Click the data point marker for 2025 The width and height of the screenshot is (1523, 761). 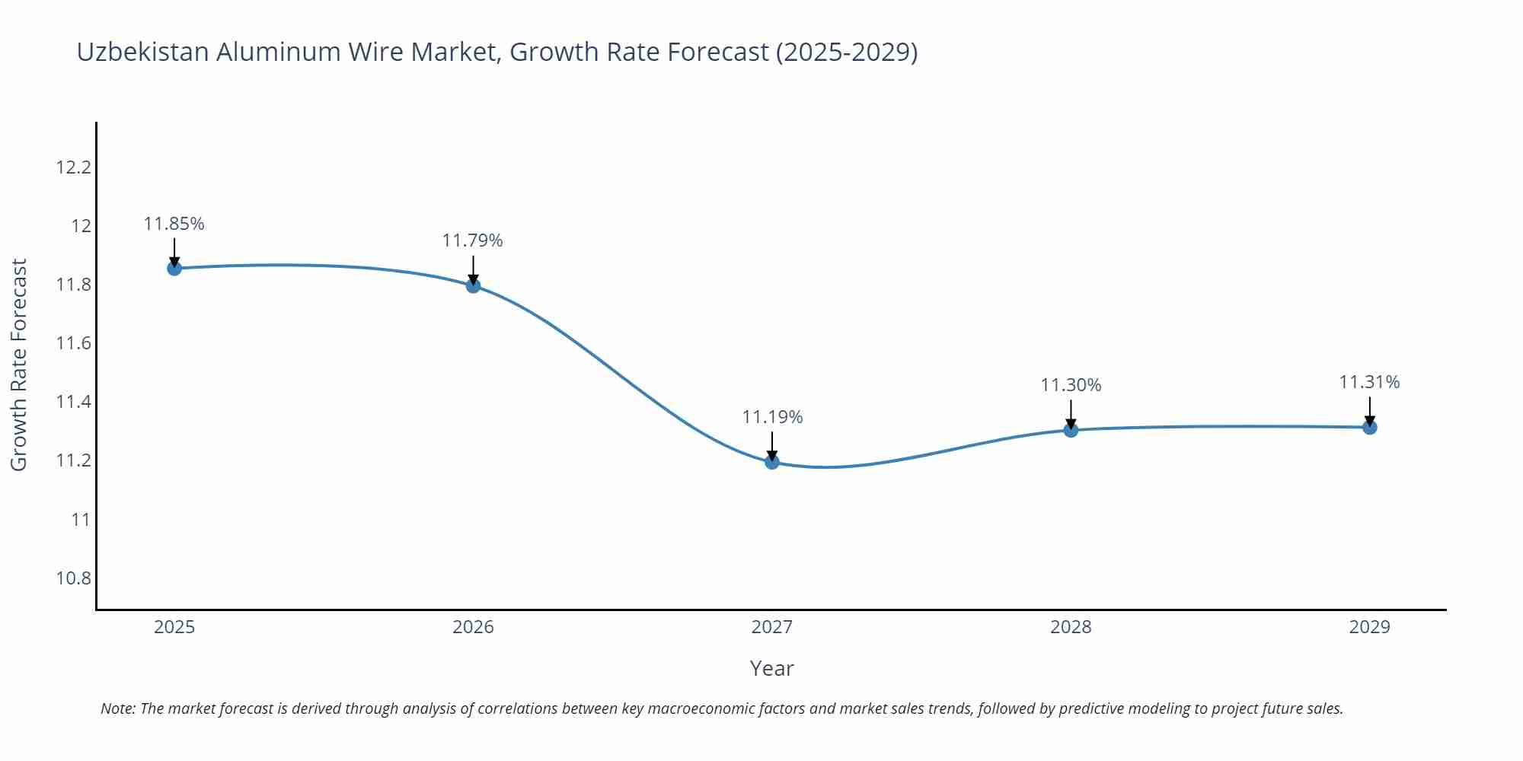point(174,268)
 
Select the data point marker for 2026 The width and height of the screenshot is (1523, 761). point(473,285)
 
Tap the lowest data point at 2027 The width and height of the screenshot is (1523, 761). point(772,461)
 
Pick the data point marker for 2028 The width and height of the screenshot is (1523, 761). point(1071,430)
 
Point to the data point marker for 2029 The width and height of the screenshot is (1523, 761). point(1369,427)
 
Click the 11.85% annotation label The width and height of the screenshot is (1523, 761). point(174,224)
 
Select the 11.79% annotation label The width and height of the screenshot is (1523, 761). point(473,240)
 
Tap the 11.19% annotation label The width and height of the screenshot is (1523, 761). point(772,417)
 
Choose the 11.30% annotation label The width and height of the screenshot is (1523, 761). point(1071,385)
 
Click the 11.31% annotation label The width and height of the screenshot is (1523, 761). point(1369,382)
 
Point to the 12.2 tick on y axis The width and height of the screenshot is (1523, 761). point(73,167)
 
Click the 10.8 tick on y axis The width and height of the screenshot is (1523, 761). point(73,578)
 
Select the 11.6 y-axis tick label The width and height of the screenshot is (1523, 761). point(73,343)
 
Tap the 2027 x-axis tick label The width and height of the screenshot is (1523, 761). point(772,627)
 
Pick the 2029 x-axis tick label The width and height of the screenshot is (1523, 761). point(1369,627)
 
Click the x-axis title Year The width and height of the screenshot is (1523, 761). point(771,668)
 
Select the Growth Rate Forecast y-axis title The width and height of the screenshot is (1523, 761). point(19,365)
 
